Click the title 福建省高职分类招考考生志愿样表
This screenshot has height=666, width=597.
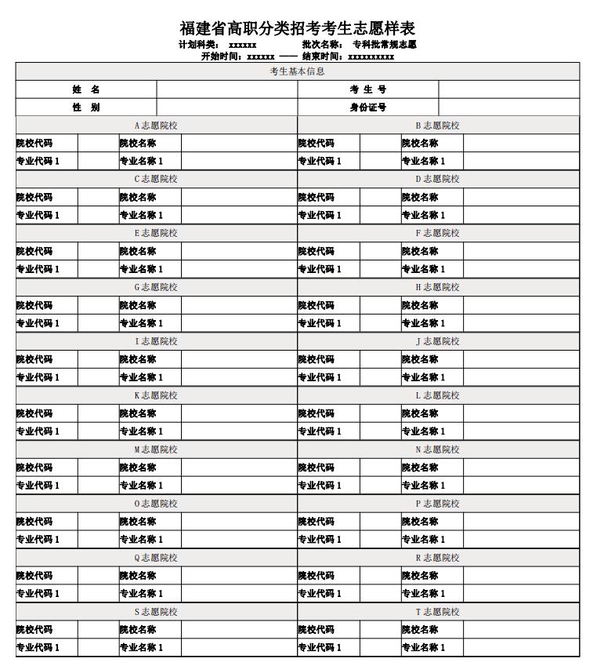[x=298, y=29]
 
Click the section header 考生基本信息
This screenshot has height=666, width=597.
[x=298, y=71]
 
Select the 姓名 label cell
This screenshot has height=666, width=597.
[x=86, y=89]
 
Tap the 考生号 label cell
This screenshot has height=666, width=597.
[x=367, y=89]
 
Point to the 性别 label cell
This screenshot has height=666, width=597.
[x=86, y=107]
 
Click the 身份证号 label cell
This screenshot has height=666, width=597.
[x=367, y=107]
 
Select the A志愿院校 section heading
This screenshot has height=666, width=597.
[x=156, y=126]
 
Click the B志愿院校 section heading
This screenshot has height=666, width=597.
[x=437, y=126]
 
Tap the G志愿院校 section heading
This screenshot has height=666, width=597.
[x=156, y=287]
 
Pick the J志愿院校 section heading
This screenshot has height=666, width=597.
[x=437, y=341]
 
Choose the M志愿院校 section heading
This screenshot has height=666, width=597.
[x=156, y=449]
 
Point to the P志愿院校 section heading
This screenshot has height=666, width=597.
[x=437, y=504]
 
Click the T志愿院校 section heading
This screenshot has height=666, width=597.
[x=437, y=612]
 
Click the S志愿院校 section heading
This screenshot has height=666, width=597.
[x=156, y=612]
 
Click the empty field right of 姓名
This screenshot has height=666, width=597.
[x=226, y=89]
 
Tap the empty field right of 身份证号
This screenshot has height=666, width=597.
[x=508, y=107]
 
